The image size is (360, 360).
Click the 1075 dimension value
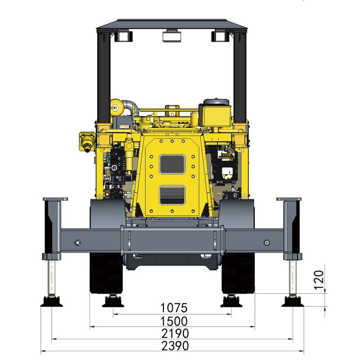pos(174,308)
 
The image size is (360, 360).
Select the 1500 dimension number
pos(174,321)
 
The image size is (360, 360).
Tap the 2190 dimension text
pos(175,333)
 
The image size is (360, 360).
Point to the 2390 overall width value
pos(175,346)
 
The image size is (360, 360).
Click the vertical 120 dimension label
pos(319,280)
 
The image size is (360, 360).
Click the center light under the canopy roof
pos(172,36)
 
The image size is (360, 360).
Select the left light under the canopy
pos(123,36)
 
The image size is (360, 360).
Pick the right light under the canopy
pos(220,36)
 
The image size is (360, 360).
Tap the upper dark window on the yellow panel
pos(172,164)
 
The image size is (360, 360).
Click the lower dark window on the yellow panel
pos(172,195)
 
